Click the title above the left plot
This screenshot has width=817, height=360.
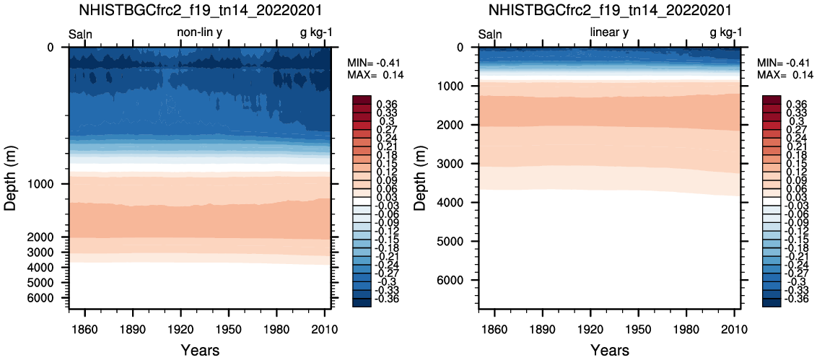click(x=200, y=9)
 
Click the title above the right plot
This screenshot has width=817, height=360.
click(x=609, y=9)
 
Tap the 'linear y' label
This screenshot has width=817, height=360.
click(x=609, y=32)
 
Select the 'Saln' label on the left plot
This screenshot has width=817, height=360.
click(x=80, y=35)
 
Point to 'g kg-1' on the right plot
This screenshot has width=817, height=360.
click(x=726, y=33)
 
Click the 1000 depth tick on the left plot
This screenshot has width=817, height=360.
click(x=50, y=185)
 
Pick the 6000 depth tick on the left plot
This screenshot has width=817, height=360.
click(x=50, y=298)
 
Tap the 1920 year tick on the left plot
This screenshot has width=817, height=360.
click(x=181, y=330)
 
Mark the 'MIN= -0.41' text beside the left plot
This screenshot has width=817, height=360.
click(x=375, y=63)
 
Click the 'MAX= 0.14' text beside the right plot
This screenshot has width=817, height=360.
click(x=785, y=75)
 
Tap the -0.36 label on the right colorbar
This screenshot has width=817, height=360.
click(x=798, y=299)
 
